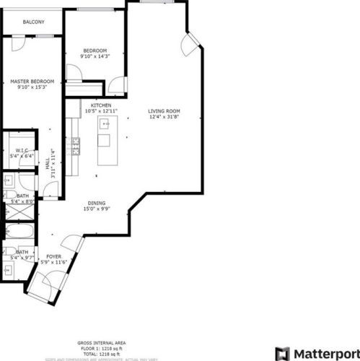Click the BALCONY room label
click(x=33, y=22)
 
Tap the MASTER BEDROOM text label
click(x=32, y=82)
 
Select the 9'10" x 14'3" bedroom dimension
click(x=95, y=56)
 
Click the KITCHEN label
click(x=100, y=105)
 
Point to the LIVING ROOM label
click(x=163, y=110)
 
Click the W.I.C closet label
click(x=22, y=150)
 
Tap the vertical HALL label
click(x=48, y=168)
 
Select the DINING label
click(x=97, y=203)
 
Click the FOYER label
click(x=53, y=256)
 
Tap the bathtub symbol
click(x=18, y=233)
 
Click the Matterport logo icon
click(x=282, y=354)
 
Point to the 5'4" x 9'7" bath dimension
click(x=17, y=257)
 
